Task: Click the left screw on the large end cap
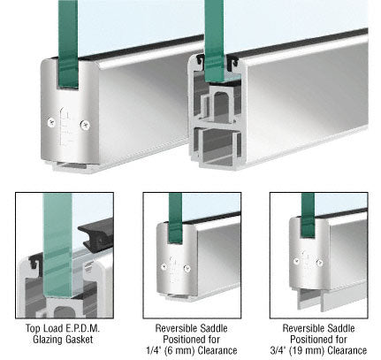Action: click(x=51, y=122)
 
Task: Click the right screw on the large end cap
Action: click(x=85, y=126)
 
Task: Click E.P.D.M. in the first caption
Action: click(x=82, y=328)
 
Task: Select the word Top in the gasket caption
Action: click(x=33, y=328)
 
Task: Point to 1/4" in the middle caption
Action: click(x=153, y=350)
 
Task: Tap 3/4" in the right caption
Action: click(x=278, y=350)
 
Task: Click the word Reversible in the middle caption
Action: click(x=176, y=328)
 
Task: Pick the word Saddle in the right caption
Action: click(x=340, y=328)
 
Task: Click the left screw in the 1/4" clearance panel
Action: click(x=164, y=267)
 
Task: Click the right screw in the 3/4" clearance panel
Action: click(x=319, y=263)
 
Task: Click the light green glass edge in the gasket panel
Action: click(x=57, y=245)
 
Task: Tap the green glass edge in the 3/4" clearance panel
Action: click(x=308, y=215)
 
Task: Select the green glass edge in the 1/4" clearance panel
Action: click(x=176, y=218)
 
